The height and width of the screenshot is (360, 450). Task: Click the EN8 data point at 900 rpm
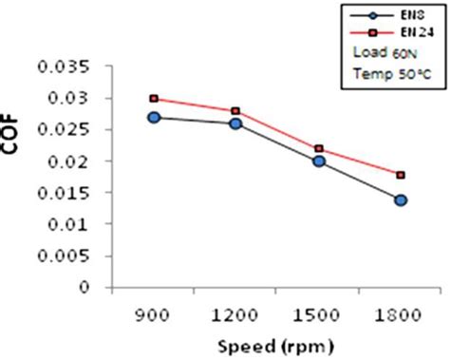coord(155,117)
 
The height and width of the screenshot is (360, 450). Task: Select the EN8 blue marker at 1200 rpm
coord(236,123)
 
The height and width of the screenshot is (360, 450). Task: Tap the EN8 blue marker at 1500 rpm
coord(319,161)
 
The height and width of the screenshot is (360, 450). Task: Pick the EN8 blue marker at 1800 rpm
coord(401,199)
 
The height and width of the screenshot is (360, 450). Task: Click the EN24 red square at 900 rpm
coord(155,98)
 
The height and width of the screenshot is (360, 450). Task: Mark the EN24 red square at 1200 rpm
coord(236,111)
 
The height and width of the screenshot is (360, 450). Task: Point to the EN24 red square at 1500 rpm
coord(319,148)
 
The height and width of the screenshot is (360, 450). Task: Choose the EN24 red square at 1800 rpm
coord(401,175)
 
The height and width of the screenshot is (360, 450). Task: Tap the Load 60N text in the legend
coord(384,52)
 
